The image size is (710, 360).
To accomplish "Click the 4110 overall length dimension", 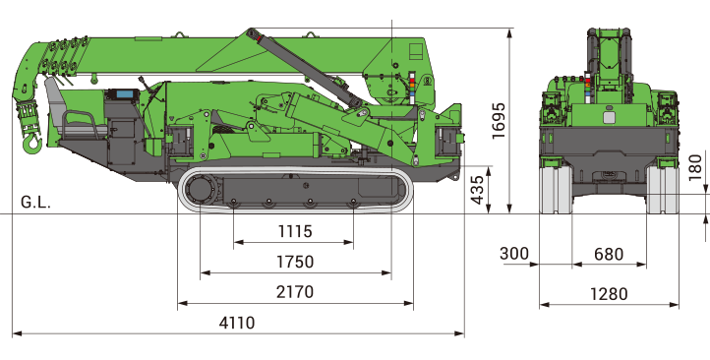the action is [237, 323].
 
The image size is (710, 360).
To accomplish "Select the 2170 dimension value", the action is [295, 292].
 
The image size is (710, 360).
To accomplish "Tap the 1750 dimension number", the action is [295, 262].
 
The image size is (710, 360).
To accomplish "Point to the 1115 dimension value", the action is [295, 231].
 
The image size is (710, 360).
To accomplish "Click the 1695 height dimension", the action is [499, 121].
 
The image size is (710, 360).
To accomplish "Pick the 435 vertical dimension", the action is [477, 190].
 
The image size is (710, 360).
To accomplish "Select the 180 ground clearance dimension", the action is [695, 167].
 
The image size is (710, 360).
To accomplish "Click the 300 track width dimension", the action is [514, 254].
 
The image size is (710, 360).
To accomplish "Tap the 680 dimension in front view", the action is [609, 255].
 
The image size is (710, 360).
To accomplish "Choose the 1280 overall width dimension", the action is [609, 294].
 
